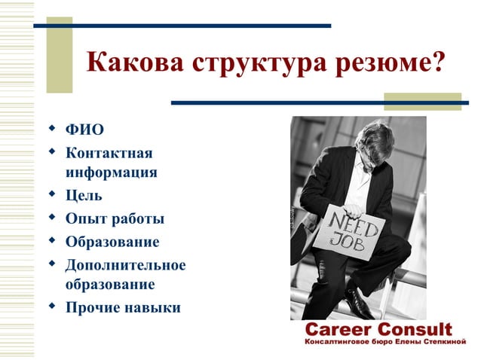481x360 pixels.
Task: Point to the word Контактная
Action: [109, 154]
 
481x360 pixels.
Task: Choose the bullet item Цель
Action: [84, 196]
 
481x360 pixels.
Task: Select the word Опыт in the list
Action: [85, 219]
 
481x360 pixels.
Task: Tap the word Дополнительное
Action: [125, 265]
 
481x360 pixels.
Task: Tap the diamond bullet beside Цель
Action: [52, 194]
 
